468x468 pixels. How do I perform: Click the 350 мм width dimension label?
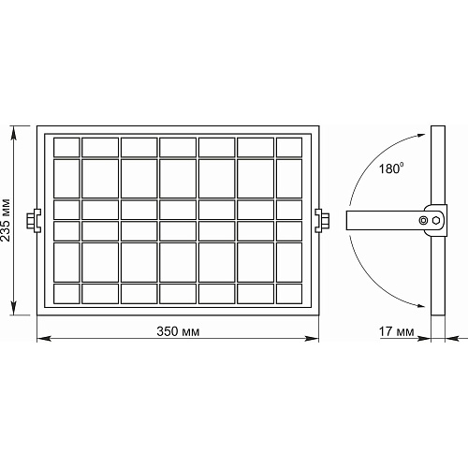tap(178, 331)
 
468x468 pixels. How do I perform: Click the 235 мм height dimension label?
tap(6, 220)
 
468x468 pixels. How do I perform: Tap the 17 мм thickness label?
tap(397, 331)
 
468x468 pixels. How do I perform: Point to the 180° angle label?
tap(391, 168)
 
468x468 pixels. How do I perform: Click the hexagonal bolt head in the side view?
tap(436, 220)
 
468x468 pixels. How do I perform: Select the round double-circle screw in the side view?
tap(423, 220)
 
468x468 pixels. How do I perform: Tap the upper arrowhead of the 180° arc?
tap(421, 136)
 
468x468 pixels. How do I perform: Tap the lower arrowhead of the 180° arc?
tap(421, 305)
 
